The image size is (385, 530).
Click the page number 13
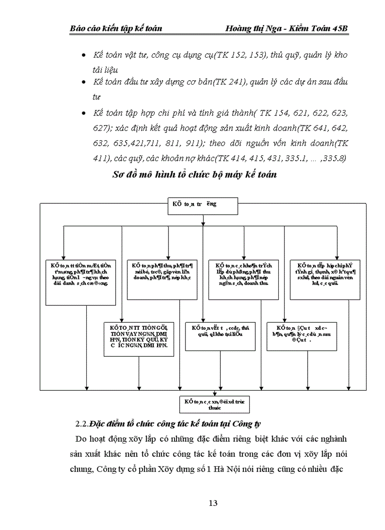[213, 503]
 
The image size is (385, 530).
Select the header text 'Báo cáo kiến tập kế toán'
[116, 29]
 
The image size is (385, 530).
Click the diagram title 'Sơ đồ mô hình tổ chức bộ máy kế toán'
[194, 175]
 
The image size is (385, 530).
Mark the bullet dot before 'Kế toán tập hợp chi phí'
[84, 114]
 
